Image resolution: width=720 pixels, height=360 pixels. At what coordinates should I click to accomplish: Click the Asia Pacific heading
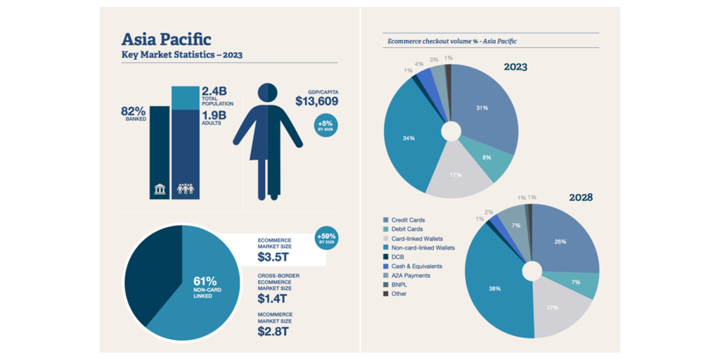pyautogui.click(x=166, y=39)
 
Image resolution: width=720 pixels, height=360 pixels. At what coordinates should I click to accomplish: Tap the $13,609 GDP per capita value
pyautogui.click(x=316, y=101)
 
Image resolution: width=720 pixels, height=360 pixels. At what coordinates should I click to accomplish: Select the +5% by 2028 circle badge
pyautogui.click(x=326, y=125)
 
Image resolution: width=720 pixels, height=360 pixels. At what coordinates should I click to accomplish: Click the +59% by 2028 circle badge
pyautogui.click(x=326, y=237)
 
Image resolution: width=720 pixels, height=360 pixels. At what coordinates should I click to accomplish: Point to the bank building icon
pyautogui.click(x=160, y=188)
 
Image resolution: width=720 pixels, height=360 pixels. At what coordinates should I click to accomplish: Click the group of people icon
pyautogui.click(x=186, y=188)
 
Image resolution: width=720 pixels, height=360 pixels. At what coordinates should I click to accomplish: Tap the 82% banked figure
pyautogui.click(x=133, y=110)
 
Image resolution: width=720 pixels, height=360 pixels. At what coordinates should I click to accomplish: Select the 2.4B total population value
pyautogui.click(x=214, y=91)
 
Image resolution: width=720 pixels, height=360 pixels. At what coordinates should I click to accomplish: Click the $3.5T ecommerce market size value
pyautogui.click(x=272, y=257)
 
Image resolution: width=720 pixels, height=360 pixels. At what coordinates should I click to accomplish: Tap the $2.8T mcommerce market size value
pyautogui.click(x=272, y=331)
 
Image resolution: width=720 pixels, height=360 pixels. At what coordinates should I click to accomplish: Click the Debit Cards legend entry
pyautogui.click(x=407, y=229)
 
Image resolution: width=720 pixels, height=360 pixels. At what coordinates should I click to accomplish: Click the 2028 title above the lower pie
pyautogui.click(x=580, y=198)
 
